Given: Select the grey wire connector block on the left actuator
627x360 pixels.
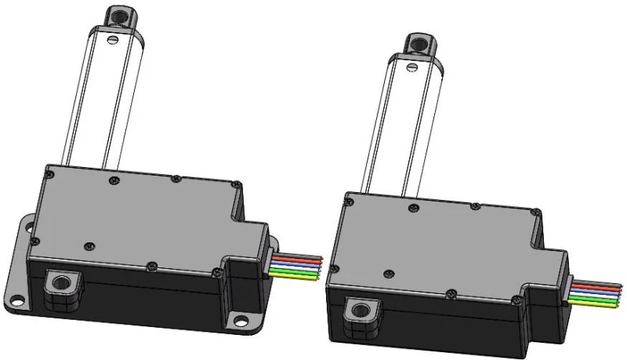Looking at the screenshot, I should [x=271, y=265].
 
